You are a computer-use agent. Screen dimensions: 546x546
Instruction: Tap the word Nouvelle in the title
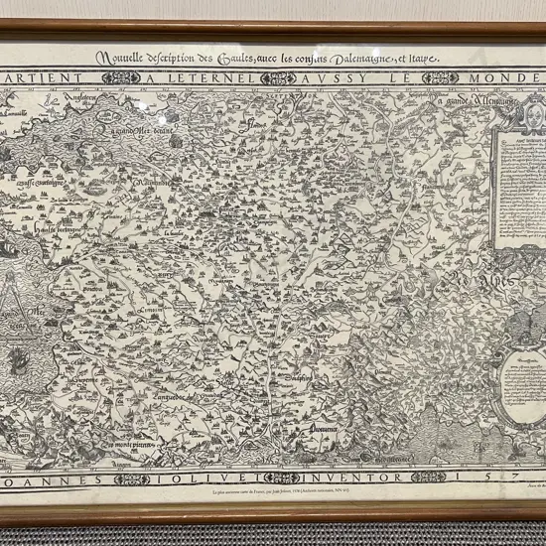tap(121, 58)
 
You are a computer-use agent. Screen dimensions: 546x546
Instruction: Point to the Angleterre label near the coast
tap(57, 97)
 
